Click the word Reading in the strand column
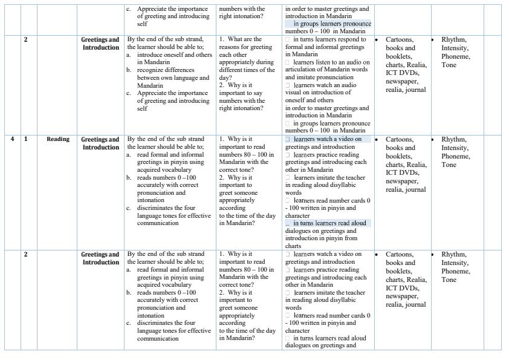pos(58,139)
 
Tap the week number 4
pos(12,139)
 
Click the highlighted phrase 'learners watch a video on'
pos(328,139)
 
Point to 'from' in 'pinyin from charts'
pos(360,238)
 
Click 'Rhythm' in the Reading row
pos(454,139)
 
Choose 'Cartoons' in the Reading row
pos(400,139)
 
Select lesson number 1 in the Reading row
pos(25,139)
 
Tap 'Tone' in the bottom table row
pos(449,280)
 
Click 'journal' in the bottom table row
pos(417,304)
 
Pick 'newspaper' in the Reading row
pos(401,181)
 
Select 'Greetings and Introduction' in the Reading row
pos(100,143)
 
